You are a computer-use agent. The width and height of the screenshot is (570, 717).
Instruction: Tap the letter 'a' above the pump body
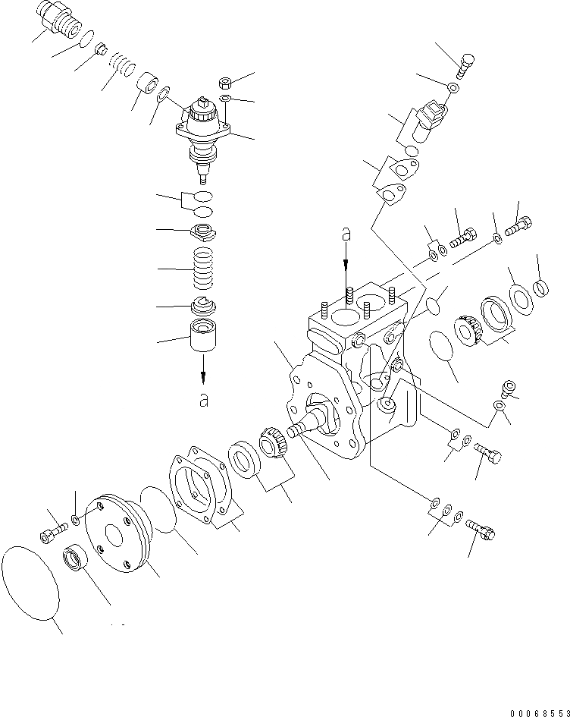pos(346,235)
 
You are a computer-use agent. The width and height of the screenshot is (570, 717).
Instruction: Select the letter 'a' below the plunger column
pos(203,400)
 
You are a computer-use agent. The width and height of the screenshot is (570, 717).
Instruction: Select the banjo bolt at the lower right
pos(481,527)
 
